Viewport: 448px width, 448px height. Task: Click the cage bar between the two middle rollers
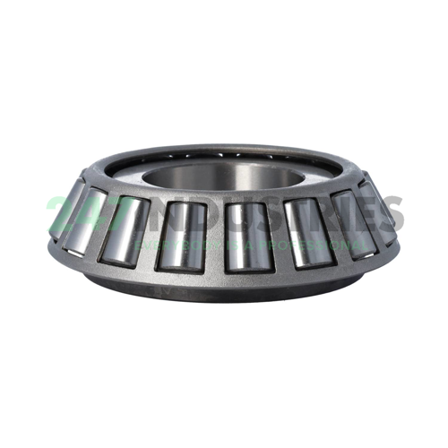coord(211,238)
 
